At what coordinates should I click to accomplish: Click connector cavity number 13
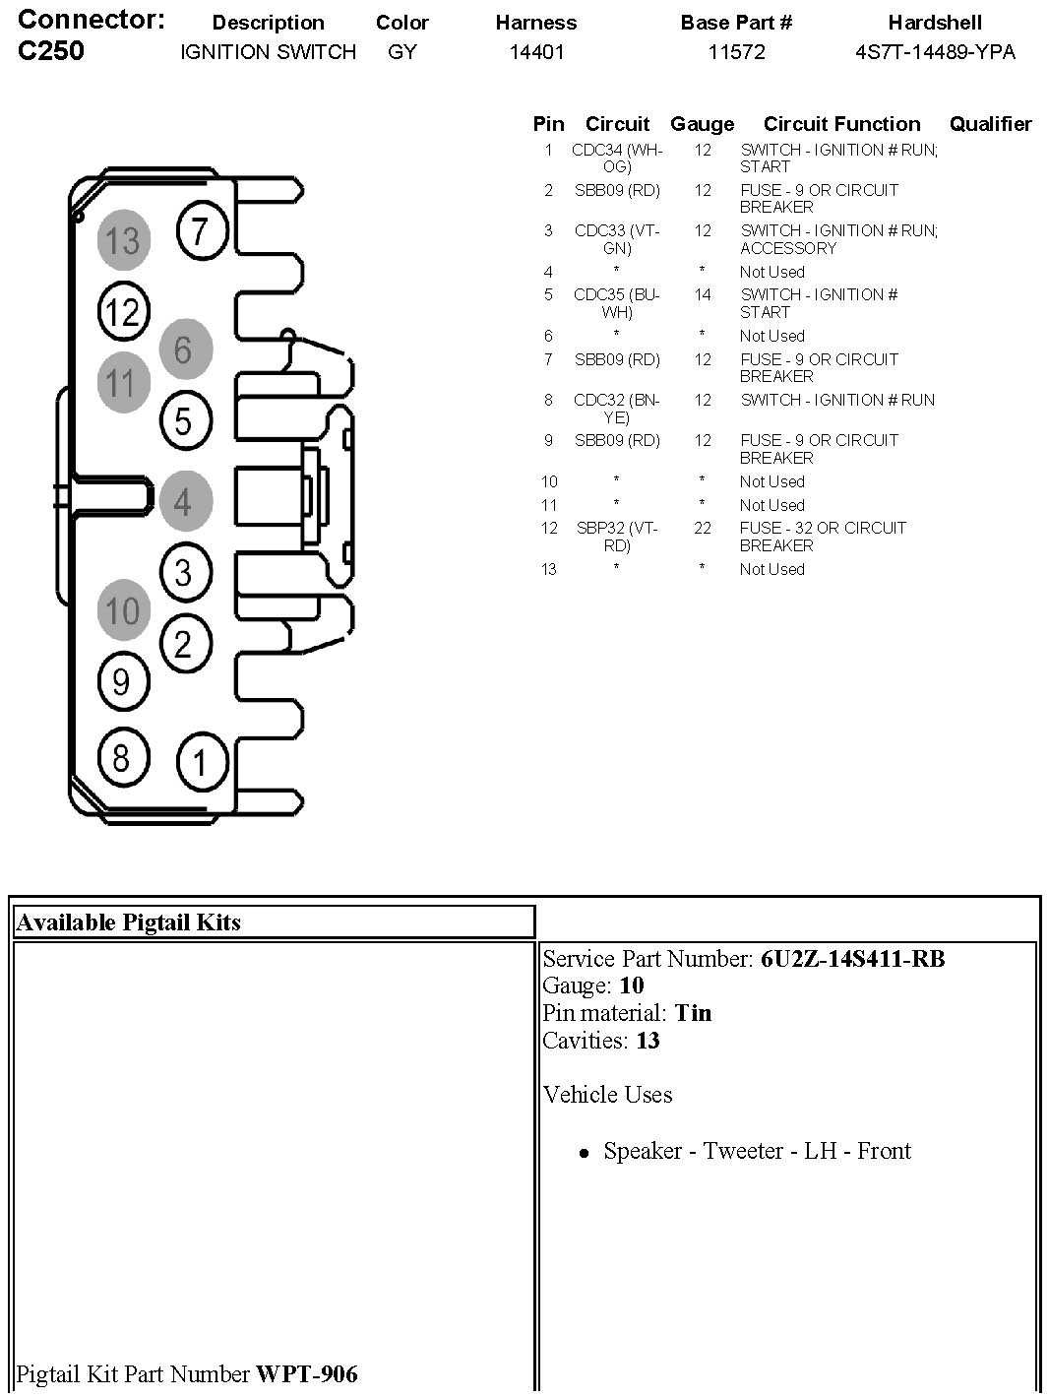(123, 240)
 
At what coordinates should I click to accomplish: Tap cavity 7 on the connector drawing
(202, 232)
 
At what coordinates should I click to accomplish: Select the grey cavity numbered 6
(185, 349)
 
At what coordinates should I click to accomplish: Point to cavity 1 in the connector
(202, 761)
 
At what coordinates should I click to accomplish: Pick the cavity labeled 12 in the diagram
(123, 312)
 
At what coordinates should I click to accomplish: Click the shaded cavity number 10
(123, 610)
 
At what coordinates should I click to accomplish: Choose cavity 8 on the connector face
(122, 758)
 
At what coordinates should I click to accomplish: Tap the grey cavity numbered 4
(185, 502)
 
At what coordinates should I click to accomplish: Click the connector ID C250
(51, 51)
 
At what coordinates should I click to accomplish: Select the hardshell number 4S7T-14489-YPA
(935, 52)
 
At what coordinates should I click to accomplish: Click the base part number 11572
(736, 52)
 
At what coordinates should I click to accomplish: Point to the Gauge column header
(702, 124)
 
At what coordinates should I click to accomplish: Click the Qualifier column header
(990, 124)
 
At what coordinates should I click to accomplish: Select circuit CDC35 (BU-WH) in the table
(617, 303)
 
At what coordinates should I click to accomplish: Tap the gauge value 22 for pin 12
(702, 529)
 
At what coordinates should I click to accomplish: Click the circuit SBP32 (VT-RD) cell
(617, 537)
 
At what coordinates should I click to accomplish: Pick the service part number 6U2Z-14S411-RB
(852, 959)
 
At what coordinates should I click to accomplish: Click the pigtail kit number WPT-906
(307, 1374)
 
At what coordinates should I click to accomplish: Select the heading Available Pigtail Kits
(129, 922)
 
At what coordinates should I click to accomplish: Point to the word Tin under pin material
(693, 1013)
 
